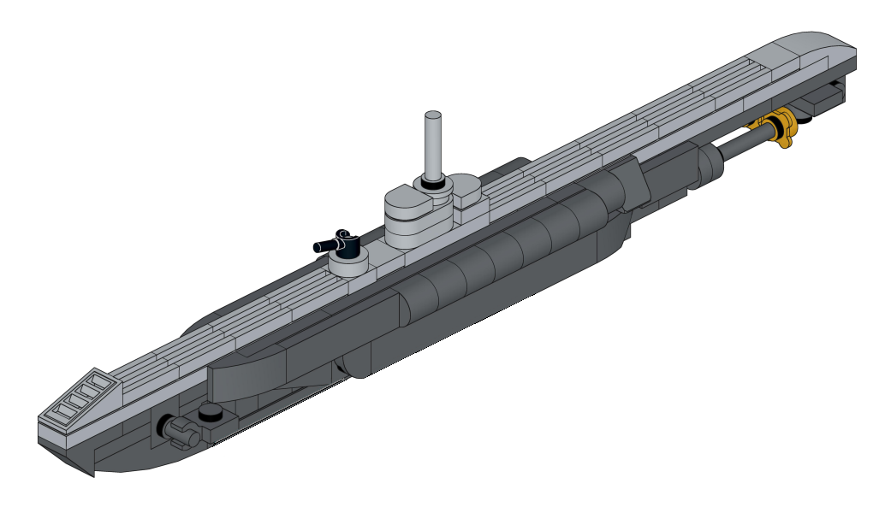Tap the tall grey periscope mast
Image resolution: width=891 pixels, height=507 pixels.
click(434, 145)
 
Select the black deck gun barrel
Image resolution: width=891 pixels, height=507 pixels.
click(329, 245)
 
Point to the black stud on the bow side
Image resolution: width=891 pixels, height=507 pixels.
click(209, 414)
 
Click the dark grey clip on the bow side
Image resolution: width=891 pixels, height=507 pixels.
click(177, 430)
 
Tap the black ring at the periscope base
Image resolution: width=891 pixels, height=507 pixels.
click(433, 182)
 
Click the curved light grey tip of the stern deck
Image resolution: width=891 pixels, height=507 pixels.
click(822, 43)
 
